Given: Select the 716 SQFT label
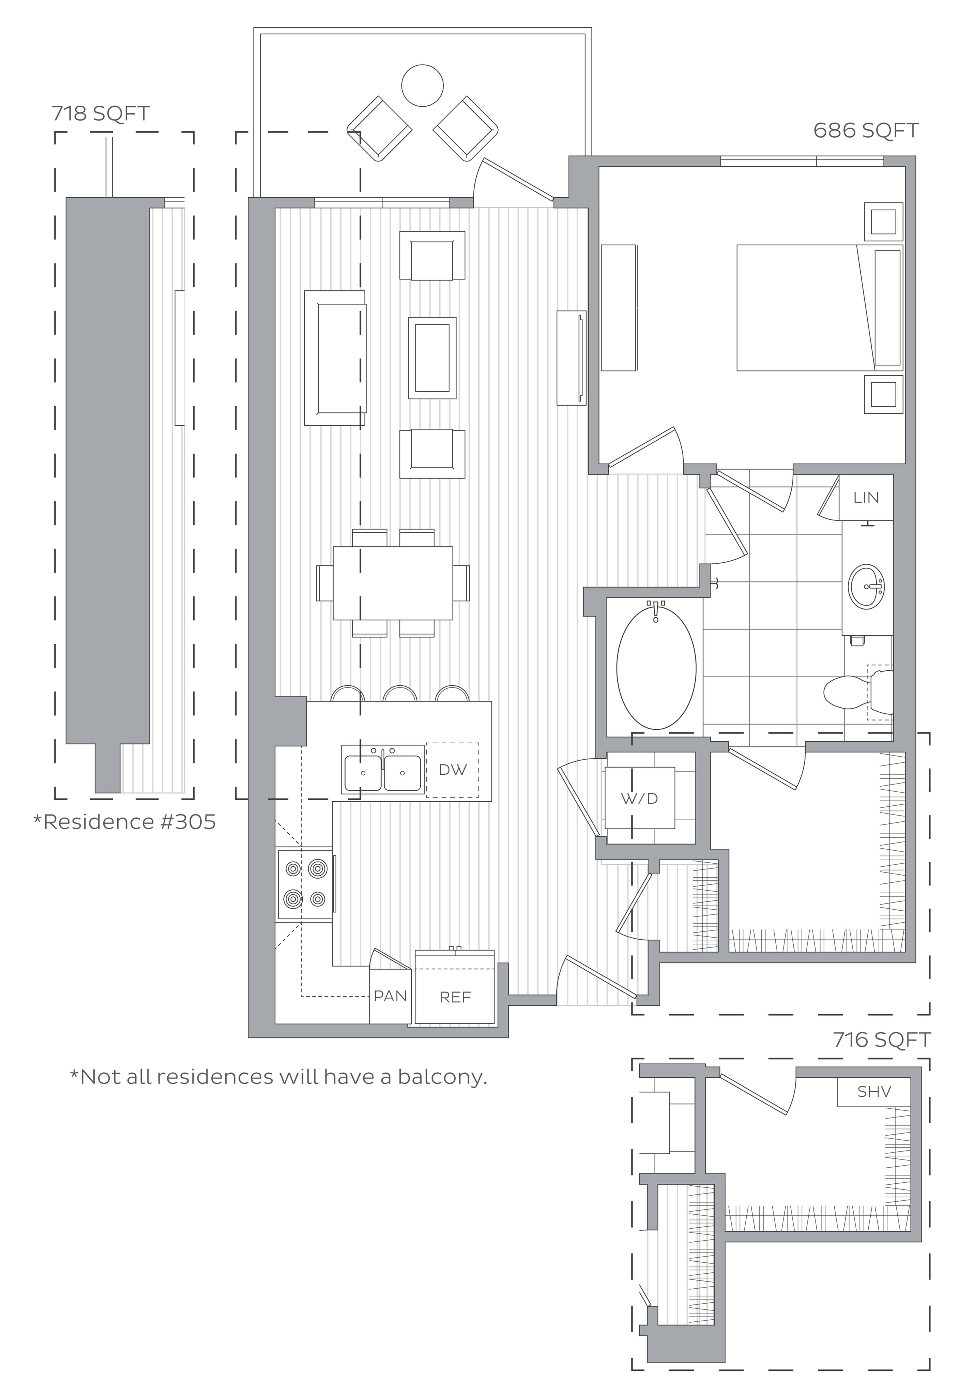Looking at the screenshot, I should (882, 1039).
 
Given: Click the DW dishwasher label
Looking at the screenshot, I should (453, 770).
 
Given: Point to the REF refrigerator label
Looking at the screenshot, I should (455, 998).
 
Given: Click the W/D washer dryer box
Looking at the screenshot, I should (639, 798).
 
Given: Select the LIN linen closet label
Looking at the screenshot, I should (866, 498).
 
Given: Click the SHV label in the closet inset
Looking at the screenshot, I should (874, 1091).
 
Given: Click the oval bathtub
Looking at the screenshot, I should (656, 667).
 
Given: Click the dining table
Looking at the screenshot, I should (393, 583).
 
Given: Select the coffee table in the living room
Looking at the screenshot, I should (432, 358).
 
